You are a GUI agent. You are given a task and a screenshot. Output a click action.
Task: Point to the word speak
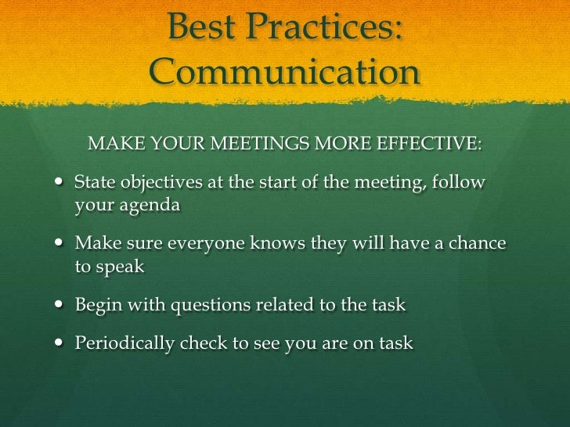tap(120, 266)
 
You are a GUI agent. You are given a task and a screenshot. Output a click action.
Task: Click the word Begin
tap(97, 305)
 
